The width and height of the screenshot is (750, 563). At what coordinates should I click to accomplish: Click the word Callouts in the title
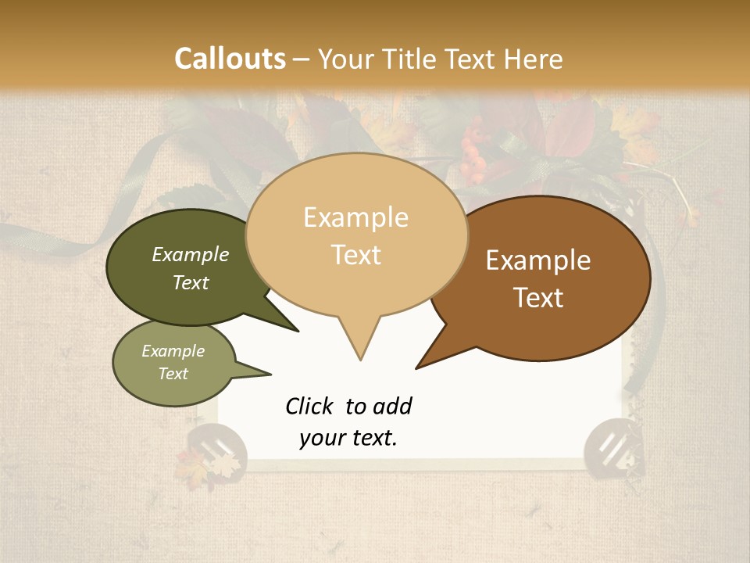coord(230,59)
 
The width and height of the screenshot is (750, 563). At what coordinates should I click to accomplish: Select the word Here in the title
coord(535,59)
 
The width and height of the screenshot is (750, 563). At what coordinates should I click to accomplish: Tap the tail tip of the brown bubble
coord(418,367)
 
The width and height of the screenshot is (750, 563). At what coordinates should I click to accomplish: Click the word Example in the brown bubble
coord(538,260)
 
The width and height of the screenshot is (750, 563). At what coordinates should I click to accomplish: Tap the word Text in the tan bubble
coord(356,255)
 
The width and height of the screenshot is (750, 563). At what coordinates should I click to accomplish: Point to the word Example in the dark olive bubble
coord(191,254)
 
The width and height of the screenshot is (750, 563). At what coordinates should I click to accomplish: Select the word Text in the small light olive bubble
coord(173,374)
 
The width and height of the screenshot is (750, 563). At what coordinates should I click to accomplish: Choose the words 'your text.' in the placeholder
coord(348,438)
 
